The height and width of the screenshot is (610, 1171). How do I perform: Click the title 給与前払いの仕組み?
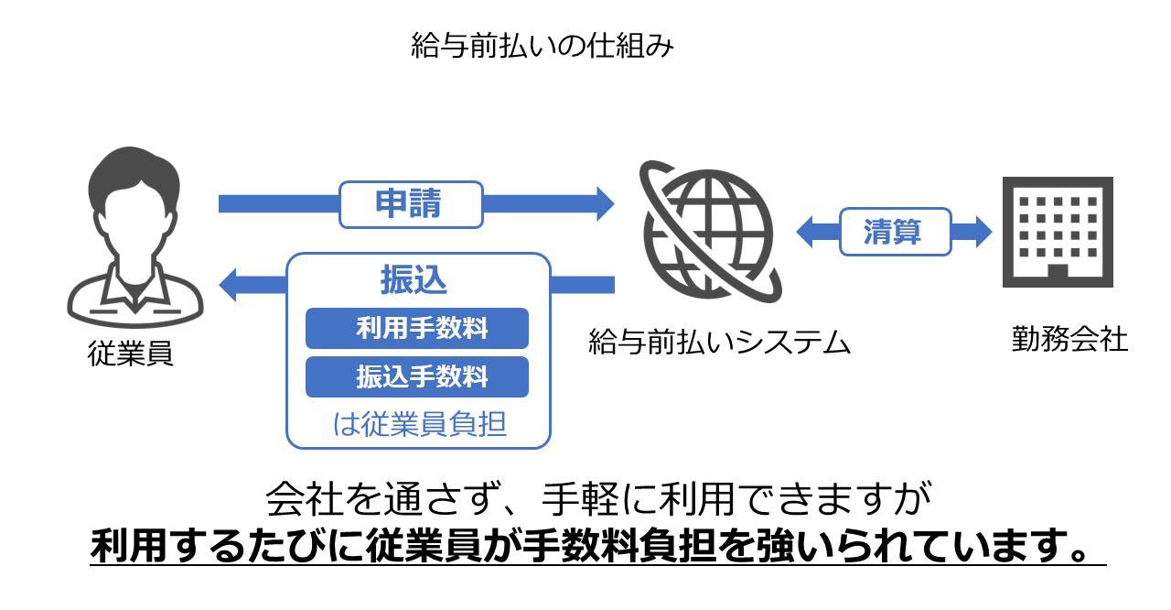point(543,46)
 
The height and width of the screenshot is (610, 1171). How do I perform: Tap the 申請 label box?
point(410,203)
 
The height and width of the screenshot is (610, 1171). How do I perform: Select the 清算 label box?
point(894,232)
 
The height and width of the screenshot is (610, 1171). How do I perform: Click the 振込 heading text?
point(414,280)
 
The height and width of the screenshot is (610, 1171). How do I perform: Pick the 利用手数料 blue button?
point(417,328)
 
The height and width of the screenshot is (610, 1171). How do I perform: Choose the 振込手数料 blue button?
point(417,376)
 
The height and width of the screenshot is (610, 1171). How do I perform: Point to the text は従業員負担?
point(419,425)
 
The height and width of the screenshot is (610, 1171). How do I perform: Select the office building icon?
point(1058,233)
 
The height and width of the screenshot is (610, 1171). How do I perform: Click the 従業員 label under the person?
point(131,353)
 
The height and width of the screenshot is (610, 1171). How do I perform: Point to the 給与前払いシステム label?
point(719,343)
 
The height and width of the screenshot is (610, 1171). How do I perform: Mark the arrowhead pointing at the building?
point(982,232)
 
